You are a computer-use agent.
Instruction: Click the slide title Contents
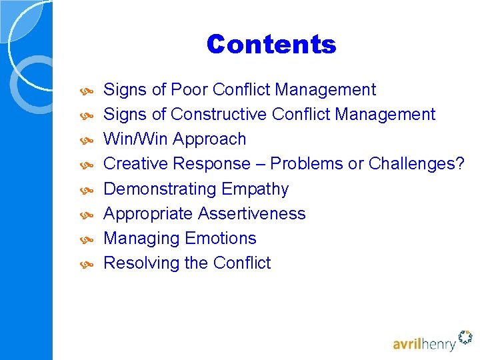click(x=271, y=45)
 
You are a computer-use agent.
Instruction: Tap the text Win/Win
click(x=137, y=139)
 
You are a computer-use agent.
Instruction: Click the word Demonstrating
click(x=160, y=189)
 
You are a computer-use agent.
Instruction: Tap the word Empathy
click(x=255, y=189)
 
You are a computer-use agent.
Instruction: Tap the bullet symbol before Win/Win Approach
click(x=87, y=140)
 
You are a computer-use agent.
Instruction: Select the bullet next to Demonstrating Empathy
click(x=87, y=190)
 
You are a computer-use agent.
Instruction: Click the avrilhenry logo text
click(x=423, y=344)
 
